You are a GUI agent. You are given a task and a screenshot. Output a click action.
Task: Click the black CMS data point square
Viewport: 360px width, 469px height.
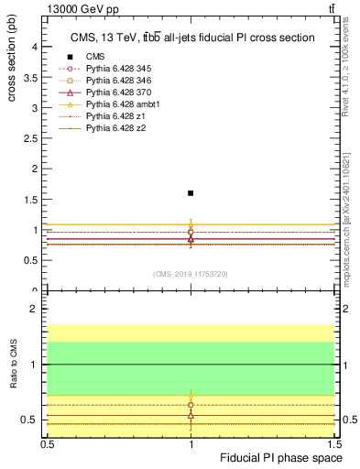click(x=191, y=193)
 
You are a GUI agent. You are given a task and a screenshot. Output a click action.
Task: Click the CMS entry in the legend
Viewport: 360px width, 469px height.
click(x=95, y=57)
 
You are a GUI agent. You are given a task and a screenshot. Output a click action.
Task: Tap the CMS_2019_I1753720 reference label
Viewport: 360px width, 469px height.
click(x=191, y=274)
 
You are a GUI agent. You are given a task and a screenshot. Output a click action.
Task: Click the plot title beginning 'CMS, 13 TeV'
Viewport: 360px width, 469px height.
click(x=192, y=38)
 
